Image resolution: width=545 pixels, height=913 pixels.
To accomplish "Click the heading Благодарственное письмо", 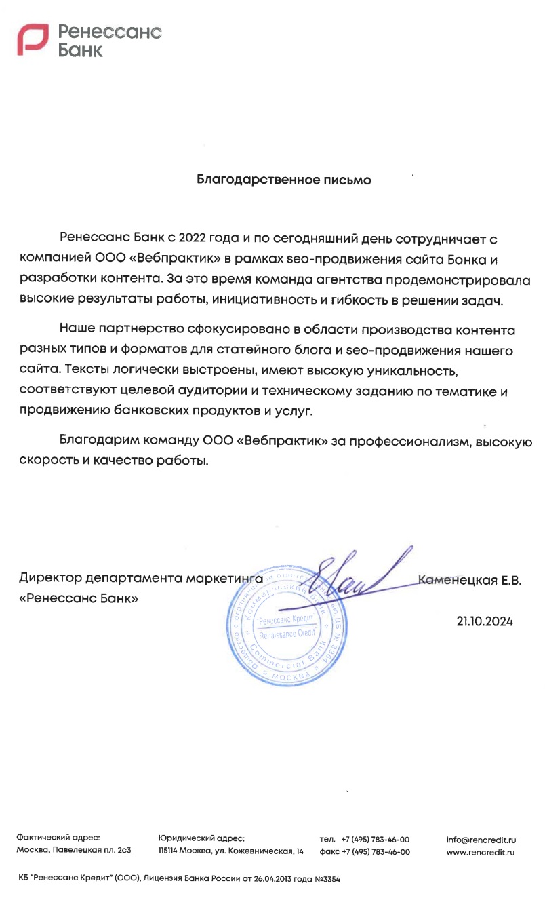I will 284,180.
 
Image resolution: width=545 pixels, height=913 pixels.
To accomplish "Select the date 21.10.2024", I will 485,621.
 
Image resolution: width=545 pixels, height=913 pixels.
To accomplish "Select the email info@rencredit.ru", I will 481,839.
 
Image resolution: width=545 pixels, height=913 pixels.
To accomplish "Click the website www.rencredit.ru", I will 481,852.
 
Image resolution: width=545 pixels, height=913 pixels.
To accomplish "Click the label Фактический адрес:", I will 58,839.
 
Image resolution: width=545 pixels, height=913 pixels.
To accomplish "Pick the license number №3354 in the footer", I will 327,878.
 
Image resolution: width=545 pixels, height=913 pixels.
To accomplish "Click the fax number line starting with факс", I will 364,852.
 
